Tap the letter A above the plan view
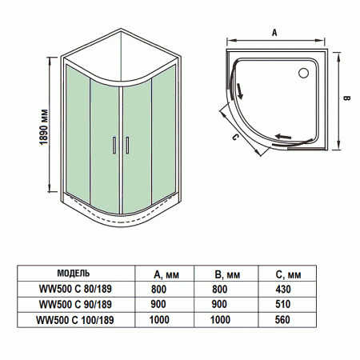274,33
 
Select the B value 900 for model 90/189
221,304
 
